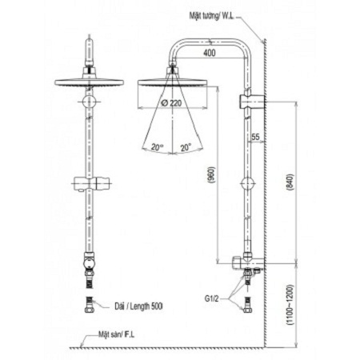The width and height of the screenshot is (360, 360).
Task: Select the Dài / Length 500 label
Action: [138, 305]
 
